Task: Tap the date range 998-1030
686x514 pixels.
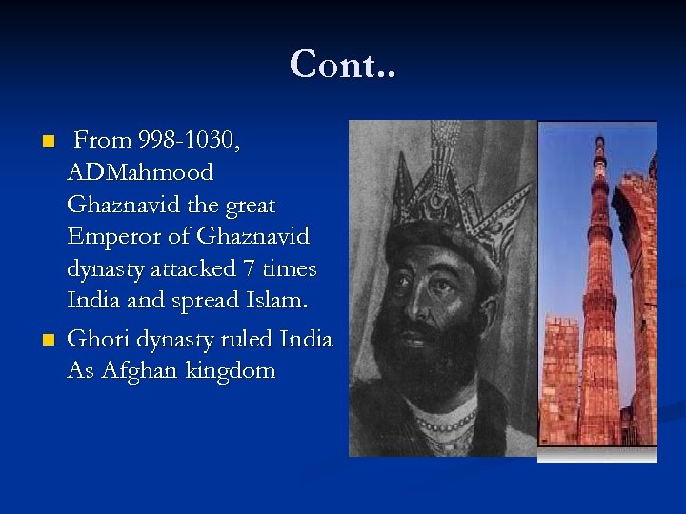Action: (189, 141)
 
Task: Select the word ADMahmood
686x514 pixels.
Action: (140, 173)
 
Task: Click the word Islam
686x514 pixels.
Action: (274, 301)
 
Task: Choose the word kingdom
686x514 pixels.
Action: (229, 371)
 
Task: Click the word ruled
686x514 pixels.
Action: (242, 339)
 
